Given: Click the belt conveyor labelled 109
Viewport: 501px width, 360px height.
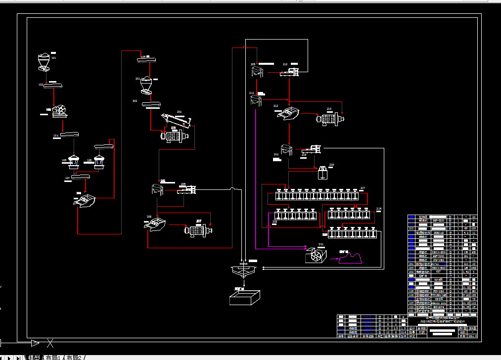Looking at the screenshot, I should pyautogui.click(x=148, y=60).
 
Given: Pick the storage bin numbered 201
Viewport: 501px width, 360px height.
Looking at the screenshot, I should pyautogui.click(x=146, y=84).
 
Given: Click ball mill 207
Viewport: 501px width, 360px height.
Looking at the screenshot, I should pyautogui.click(x=198, y=230).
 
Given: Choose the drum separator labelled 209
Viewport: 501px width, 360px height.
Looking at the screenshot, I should pyautogui.click(x=257, y=71).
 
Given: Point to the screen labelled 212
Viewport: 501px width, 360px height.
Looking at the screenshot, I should pyautogui.click(x=288, y=114).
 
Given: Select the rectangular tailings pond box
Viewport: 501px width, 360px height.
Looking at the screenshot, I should pyautogui.click(x=244, y=298).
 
